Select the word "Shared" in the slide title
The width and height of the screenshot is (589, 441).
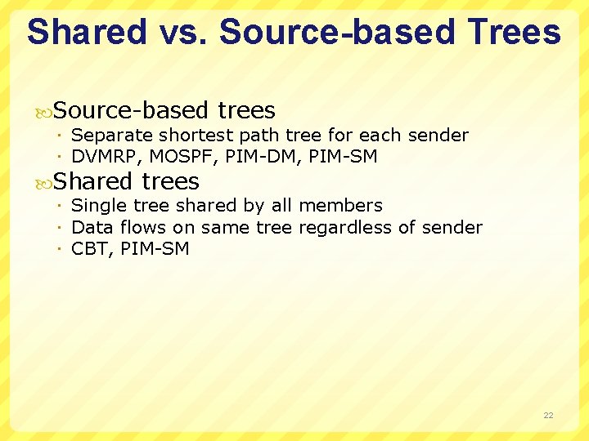click(86, 32)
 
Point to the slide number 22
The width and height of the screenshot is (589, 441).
click(548, 416)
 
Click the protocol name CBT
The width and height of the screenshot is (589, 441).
click(90, 249)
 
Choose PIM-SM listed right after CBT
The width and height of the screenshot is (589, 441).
click(155, 249)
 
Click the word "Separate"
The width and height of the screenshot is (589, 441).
click(112, 136)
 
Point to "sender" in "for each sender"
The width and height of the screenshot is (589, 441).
click(439, 136)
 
